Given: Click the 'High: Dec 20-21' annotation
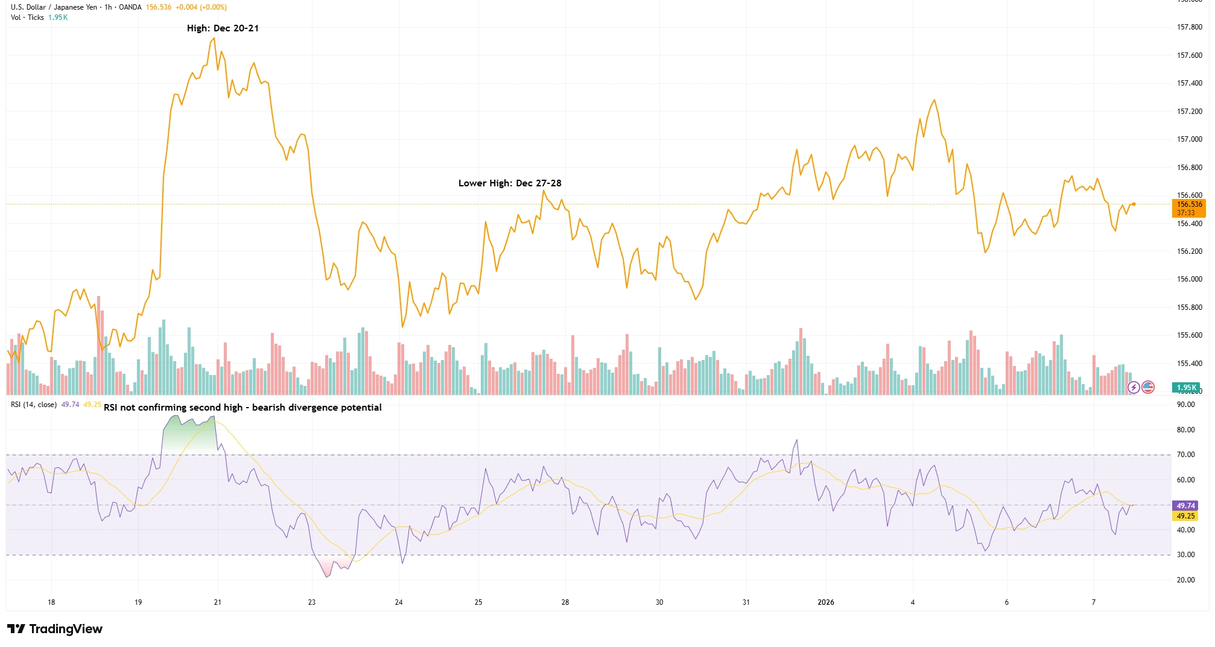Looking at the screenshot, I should (223, 28).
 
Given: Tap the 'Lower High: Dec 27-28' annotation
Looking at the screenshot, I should (510, 183).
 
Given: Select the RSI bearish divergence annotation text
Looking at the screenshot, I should (243, 408).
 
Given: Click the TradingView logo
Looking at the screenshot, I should (55, 629).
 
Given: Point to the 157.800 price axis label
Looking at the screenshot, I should (1189, 27).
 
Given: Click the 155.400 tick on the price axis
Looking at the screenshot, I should (1189, 364).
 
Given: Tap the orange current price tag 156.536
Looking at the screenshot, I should (1189, 204).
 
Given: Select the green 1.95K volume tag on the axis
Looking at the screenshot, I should (1186, 388).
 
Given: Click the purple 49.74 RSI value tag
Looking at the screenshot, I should (1185, 506).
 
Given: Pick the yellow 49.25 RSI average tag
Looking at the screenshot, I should (1185, 516).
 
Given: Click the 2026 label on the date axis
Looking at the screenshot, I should (825, 602).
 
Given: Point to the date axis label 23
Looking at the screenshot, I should (312, 602).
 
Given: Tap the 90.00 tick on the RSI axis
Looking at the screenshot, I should (1185, 405).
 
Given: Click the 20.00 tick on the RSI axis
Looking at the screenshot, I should (1185, 580).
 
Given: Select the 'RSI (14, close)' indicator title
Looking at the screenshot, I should (34, 405).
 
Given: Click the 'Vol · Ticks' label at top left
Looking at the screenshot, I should (27, 17).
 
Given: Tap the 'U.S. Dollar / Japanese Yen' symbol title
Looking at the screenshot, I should (54, 7).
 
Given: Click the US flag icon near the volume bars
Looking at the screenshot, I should (1148, 387).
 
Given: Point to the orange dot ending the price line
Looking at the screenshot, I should (1134, 204).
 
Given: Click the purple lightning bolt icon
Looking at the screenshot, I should (1134, 387).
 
